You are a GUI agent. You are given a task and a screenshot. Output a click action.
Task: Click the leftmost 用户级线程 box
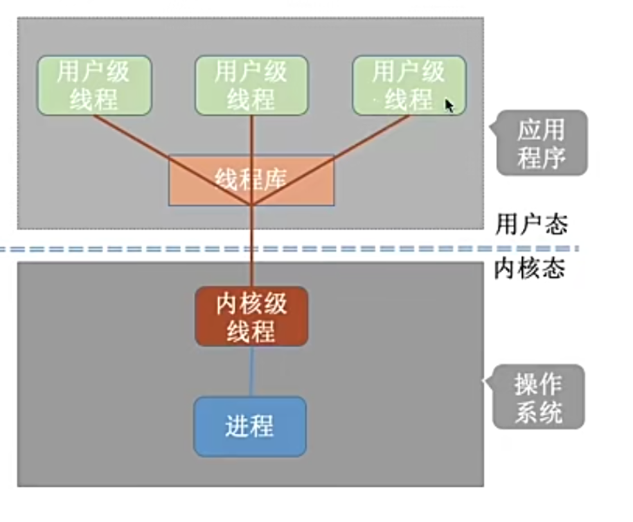[x=94, y=85]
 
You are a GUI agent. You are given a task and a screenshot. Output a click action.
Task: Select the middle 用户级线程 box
[x=251, y=85]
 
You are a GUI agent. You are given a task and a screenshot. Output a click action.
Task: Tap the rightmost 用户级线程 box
[x=409, y=85]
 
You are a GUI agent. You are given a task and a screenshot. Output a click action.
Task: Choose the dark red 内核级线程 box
[x=251, y=317]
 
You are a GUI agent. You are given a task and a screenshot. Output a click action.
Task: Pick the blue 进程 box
[x=249, y=426]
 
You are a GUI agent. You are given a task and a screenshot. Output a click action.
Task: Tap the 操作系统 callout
[x=539, y=397]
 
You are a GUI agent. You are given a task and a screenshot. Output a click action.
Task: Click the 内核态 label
[x=530, y=268]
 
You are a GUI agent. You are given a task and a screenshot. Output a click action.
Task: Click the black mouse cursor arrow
[x=449, y=105]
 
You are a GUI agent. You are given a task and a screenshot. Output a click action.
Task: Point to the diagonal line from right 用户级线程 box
[x=367, y=139]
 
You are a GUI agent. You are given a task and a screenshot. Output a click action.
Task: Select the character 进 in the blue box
[x=237, y=426]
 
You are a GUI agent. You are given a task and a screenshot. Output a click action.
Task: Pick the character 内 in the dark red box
[x=211, y=304]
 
